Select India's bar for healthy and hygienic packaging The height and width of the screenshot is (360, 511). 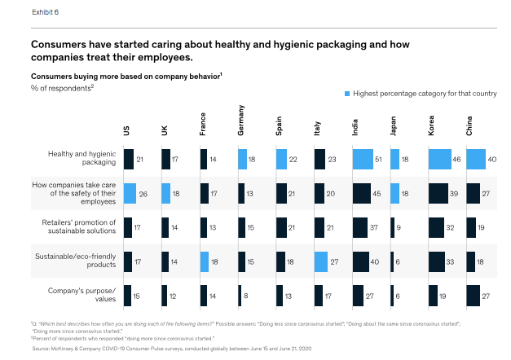point(363,158)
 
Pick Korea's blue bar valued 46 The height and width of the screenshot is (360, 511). point(439,158)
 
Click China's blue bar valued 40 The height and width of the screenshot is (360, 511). point(476,158)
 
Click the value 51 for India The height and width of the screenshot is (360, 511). point(379,158)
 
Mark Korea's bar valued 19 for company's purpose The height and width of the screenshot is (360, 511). point(433,295)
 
